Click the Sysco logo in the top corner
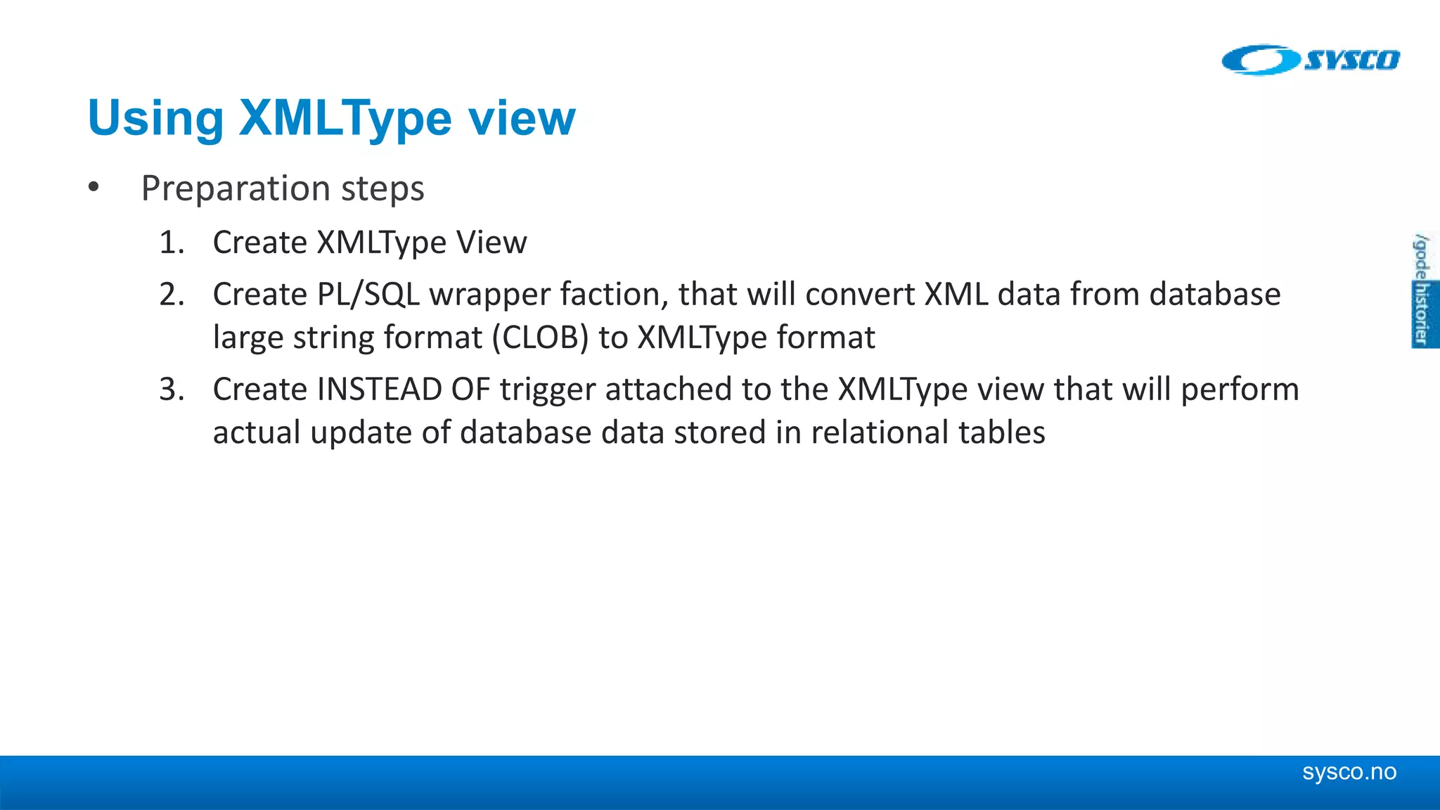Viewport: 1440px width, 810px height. [x=1311, y=60]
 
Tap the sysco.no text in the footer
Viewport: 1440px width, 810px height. [x=1349, y=772]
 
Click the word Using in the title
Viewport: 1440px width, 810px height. [x=155, y=117]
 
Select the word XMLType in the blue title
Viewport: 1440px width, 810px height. [x=345, y=119]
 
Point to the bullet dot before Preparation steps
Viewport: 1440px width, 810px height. [x=94, y=188]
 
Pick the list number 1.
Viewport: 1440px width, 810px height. [x=171, y=243]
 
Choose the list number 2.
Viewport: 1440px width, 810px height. [x=171, y=295]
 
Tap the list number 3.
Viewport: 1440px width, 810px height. [x=171, y=390]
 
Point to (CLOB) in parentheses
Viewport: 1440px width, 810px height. [x=540, y=338]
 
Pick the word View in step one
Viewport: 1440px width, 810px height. [x=491, y=243]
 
